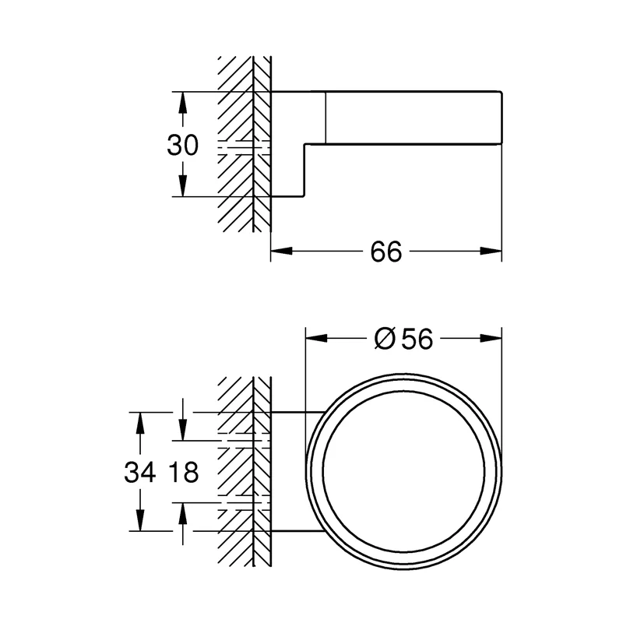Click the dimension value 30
click(x=182, y=145)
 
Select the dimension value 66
click(x=385, y=252)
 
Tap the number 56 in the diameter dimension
click(x=417, y=340)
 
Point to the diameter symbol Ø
click(x=385, y=340)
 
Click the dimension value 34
click(x=139, y=473)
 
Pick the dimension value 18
click(x=183, y=473)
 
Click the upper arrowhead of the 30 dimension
click(x=182, y=103)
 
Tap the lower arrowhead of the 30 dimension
click(x=182, y=185)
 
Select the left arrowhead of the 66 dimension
click(x=282, y=251)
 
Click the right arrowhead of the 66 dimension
click(x=491, y=251)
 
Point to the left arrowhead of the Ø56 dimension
click(x=317, y=339)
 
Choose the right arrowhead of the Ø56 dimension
click(x=491, y=339)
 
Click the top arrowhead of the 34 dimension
click(x=139, y=423)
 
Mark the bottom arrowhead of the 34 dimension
click(x=139, y=520)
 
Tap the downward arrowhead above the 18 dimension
click(x=182, y=430)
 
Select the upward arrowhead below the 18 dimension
click(x=182, y=513)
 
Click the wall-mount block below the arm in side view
click(x=287, y=170)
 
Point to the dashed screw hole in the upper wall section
click(x=244, y=147)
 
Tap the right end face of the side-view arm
click(x=502, y=118)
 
